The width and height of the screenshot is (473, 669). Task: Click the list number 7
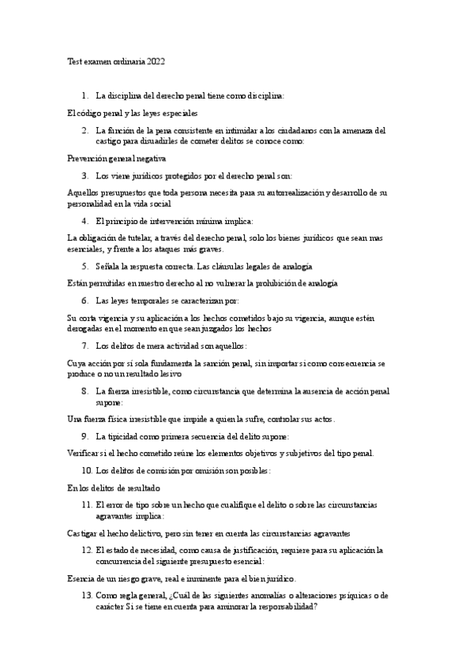84,346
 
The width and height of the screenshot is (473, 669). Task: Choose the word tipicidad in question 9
125,435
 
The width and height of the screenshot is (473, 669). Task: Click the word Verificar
87,453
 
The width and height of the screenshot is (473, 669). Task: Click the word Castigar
86,533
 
